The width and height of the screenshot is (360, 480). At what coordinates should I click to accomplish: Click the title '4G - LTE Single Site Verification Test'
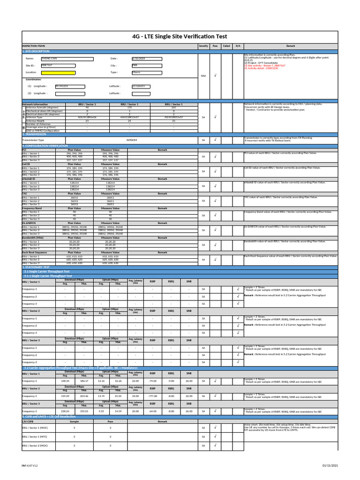[x=180, y=36]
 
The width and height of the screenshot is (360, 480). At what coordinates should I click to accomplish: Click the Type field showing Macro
[x=147, y=73]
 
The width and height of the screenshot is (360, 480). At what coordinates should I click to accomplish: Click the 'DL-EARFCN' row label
[x=30, y=223]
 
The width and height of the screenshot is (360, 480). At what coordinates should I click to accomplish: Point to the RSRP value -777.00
[x=153, y=396]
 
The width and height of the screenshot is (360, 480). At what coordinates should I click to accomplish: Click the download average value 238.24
[x=65, y=411]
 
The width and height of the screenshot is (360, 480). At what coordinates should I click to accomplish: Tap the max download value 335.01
[x=84, y=411]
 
